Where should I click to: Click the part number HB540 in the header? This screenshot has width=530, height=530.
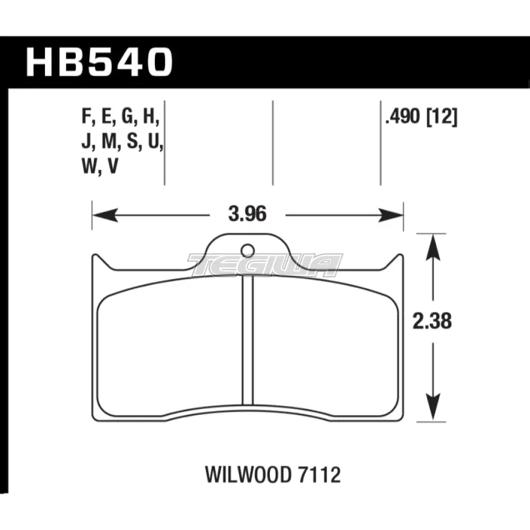point(100,63)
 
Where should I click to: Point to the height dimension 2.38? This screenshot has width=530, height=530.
point(434,322)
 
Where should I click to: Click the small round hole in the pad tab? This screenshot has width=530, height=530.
point(247,250)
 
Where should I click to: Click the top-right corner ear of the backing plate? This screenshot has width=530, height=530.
point(398,260)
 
